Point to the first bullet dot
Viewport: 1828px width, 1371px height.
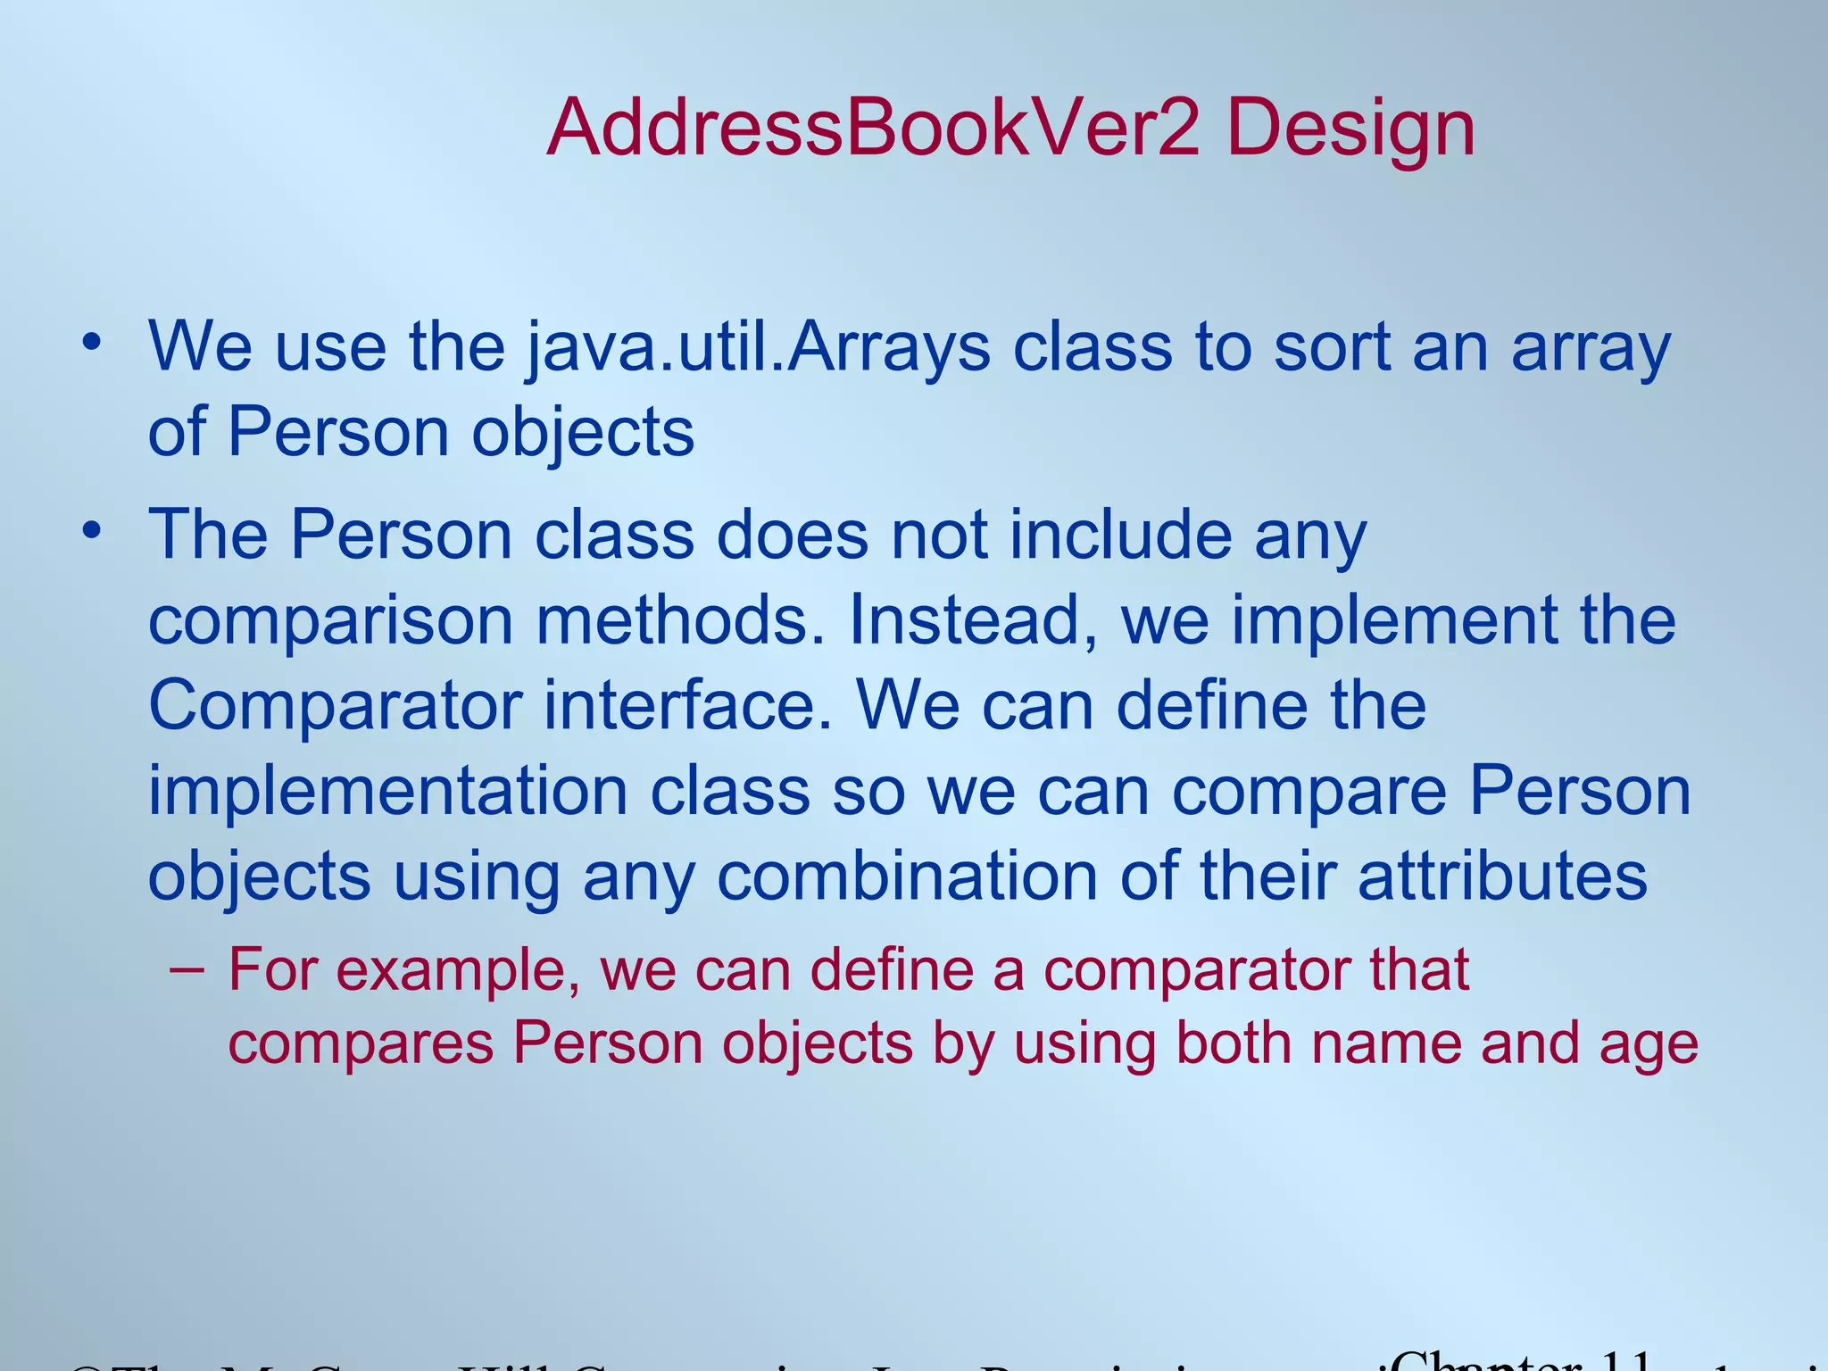(91, 342)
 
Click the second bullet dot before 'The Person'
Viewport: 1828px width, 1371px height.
(91, 531)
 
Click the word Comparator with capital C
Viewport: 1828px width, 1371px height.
(335, 705)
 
